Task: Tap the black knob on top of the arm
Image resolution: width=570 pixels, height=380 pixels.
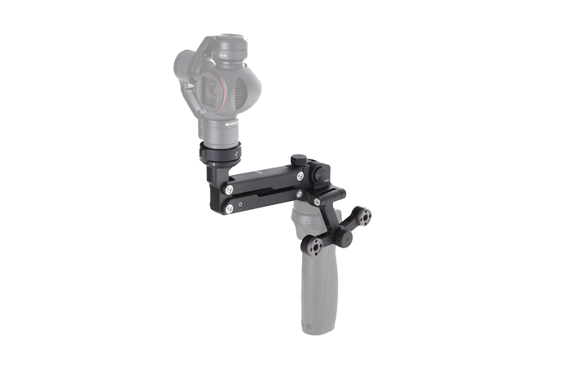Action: click(300, 160)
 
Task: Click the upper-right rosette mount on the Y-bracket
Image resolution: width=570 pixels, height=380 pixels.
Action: click(363, 216)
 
